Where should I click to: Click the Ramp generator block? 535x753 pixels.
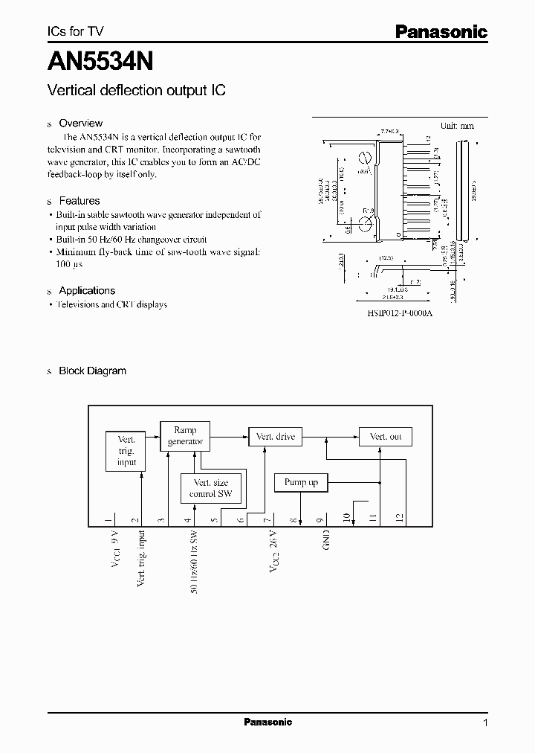185,435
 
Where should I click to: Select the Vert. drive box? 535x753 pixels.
275,437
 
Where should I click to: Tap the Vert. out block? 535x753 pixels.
385,437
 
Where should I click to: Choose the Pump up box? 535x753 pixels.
301,483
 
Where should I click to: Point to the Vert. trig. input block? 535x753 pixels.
126,452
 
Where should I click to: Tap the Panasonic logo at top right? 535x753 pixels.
441,32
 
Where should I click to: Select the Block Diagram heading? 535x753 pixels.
92,371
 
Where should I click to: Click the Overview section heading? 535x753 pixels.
80,123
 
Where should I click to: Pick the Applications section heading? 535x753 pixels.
87,290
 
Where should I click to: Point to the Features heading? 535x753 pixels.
79,201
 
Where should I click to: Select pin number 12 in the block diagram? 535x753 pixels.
399,518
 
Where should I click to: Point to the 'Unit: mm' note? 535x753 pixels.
457,126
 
